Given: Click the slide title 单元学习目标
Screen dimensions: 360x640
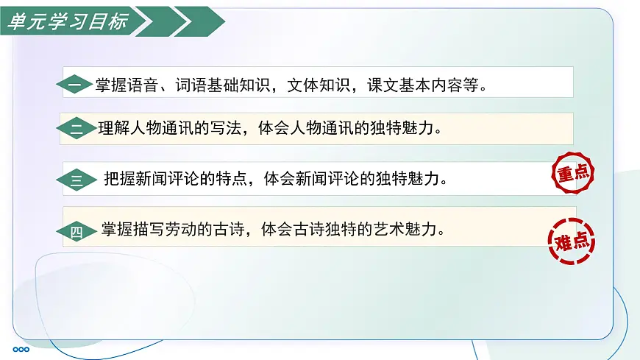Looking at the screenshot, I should tap(67, 21).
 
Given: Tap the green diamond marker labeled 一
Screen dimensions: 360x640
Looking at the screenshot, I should tap(74, 86).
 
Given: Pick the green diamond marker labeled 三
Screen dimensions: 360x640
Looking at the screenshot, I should tap(77, 180).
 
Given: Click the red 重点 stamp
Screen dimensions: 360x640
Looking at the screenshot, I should tap(572, 174).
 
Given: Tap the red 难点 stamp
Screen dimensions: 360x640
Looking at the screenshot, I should tap(572, 239).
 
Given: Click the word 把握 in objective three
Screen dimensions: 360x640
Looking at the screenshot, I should tap(120, 178).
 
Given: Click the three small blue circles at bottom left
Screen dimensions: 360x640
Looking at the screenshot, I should tap(21, 349).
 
